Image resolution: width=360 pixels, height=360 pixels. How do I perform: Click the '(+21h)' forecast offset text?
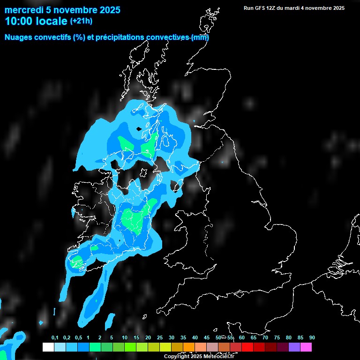82,21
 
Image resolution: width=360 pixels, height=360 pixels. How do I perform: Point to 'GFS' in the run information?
261,8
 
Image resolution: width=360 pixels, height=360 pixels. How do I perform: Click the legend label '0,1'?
55,337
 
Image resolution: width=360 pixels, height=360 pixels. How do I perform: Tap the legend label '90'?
312,337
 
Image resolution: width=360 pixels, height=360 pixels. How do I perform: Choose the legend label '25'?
160,337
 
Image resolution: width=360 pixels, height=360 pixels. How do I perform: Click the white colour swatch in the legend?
48,347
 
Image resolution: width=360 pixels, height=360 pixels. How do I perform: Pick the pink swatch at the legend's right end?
306,347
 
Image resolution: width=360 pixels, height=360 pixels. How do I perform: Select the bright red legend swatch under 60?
247,347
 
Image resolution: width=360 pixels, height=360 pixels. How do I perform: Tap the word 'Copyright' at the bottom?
177,357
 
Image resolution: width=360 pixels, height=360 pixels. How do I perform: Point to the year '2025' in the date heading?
107,10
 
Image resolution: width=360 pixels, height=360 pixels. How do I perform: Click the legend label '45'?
207,337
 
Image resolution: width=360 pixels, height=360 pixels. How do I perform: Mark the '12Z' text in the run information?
273,8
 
